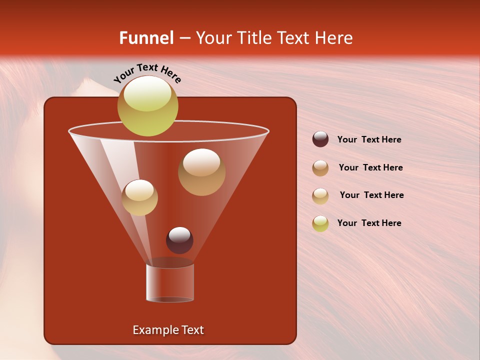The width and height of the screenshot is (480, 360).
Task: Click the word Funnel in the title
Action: pos(146,38)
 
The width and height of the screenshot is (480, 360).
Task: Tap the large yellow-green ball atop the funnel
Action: pos(147,106)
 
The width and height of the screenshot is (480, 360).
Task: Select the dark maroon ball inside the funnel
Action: pos(179,240)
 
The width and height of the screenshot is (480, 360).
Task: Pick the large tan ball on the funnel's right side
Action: pos(201,172)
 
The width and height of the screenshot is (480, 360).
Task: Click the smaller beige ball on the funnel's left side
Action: pos(139,197)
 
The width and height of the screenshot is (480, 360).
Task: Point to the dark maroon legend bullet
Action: pos(320,139)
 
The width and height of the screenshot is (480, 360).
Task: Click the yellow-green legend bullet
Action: pos(320,223)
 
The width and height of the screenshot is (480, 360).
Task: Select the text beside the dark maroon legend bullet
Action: pos(369,140)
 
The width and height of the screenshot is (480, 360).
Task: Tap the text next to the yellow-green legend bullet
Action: pos(369,223)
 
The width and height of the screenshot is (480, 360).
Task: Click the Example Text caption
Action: pos(168,330)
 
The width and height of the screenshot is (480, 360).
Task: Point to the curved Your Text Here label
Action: pos(147,73)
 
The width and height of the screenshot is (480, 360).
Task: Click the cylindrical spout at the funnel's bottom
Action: pos(170,283)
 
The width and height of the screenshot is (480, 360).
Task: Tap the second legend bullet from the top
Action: pos(320,168)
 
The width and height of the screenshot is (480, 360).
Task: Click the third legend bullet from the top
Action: pos(320,196)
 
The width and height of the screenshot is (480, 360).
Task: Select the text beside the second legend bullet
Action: pos(370,168)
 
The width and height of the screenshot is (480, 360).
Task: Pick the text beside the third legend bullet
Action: pos(371,195)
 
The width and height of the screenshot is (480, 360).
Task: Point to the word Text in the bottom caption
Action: pos(191,330)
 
